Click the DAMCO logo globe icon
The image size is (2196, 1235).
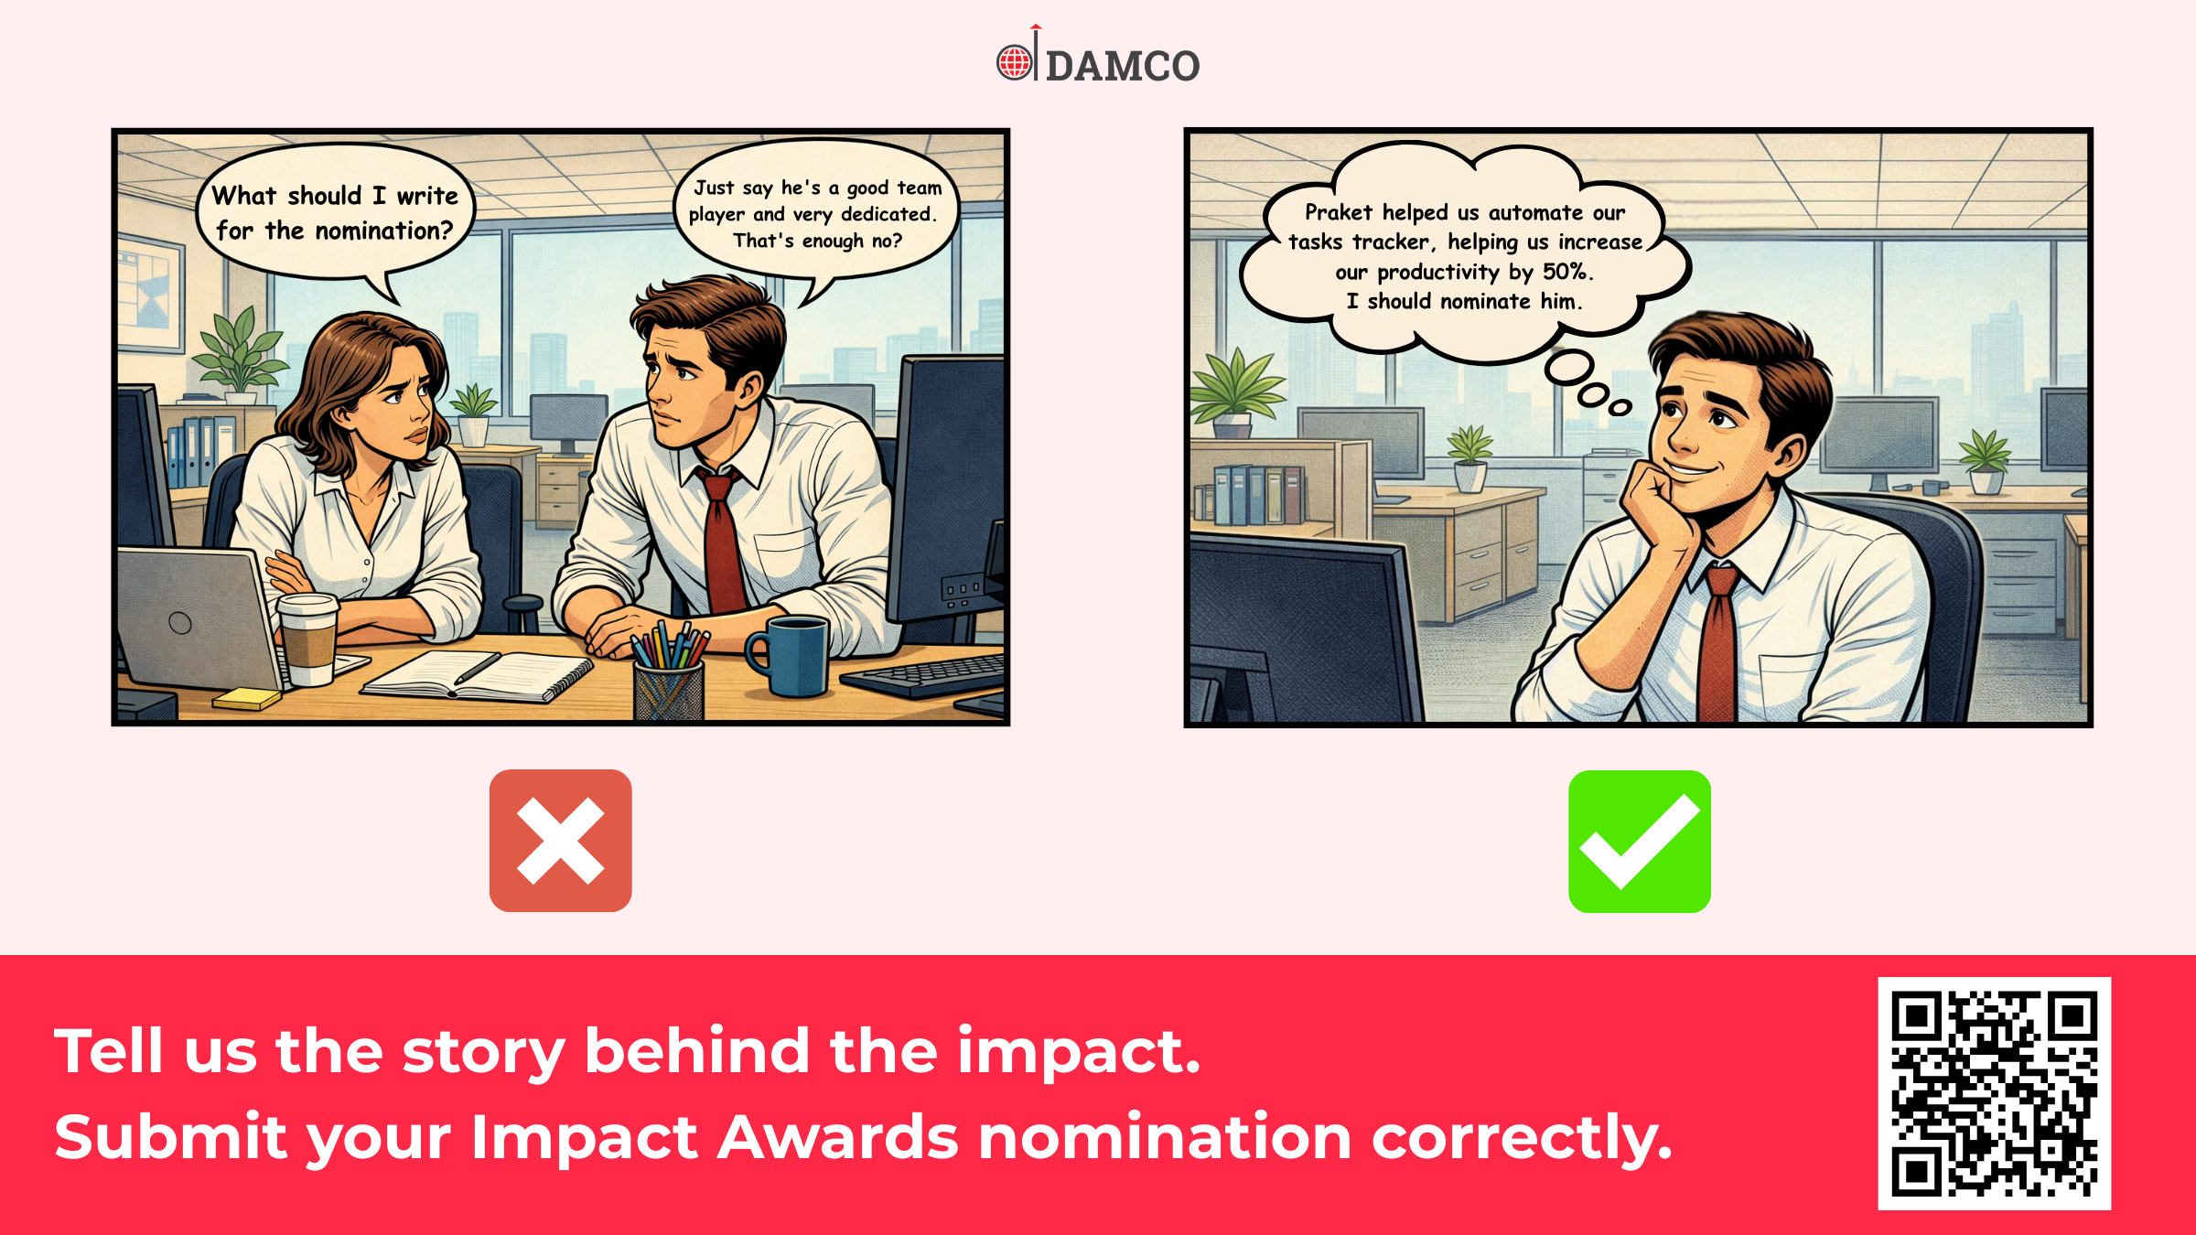click(1014, 62)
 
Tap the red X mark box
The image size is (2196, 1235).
click(561, 841)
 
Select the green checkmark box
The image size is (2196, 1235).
click(1640, 842)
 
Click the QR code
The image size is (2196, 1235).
click(1995, 1093)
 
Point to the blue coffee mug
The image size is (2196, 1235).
click(790, 654)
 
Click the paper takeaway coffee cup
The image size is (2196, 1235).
click(308, 639)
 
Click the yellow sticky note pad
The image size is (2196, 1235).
click(247, 699)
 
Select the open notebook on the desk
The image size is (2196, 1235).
click(478, 678)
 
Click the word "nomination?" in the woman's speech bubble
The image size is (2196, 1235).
click(384, 231)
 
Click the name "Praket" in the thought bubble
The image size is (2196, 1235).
click(1339, 212)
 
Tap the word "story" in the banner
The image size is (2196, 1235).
click(484, 1052)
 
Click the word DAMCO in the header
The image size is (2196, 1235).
click(1123, 66)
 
